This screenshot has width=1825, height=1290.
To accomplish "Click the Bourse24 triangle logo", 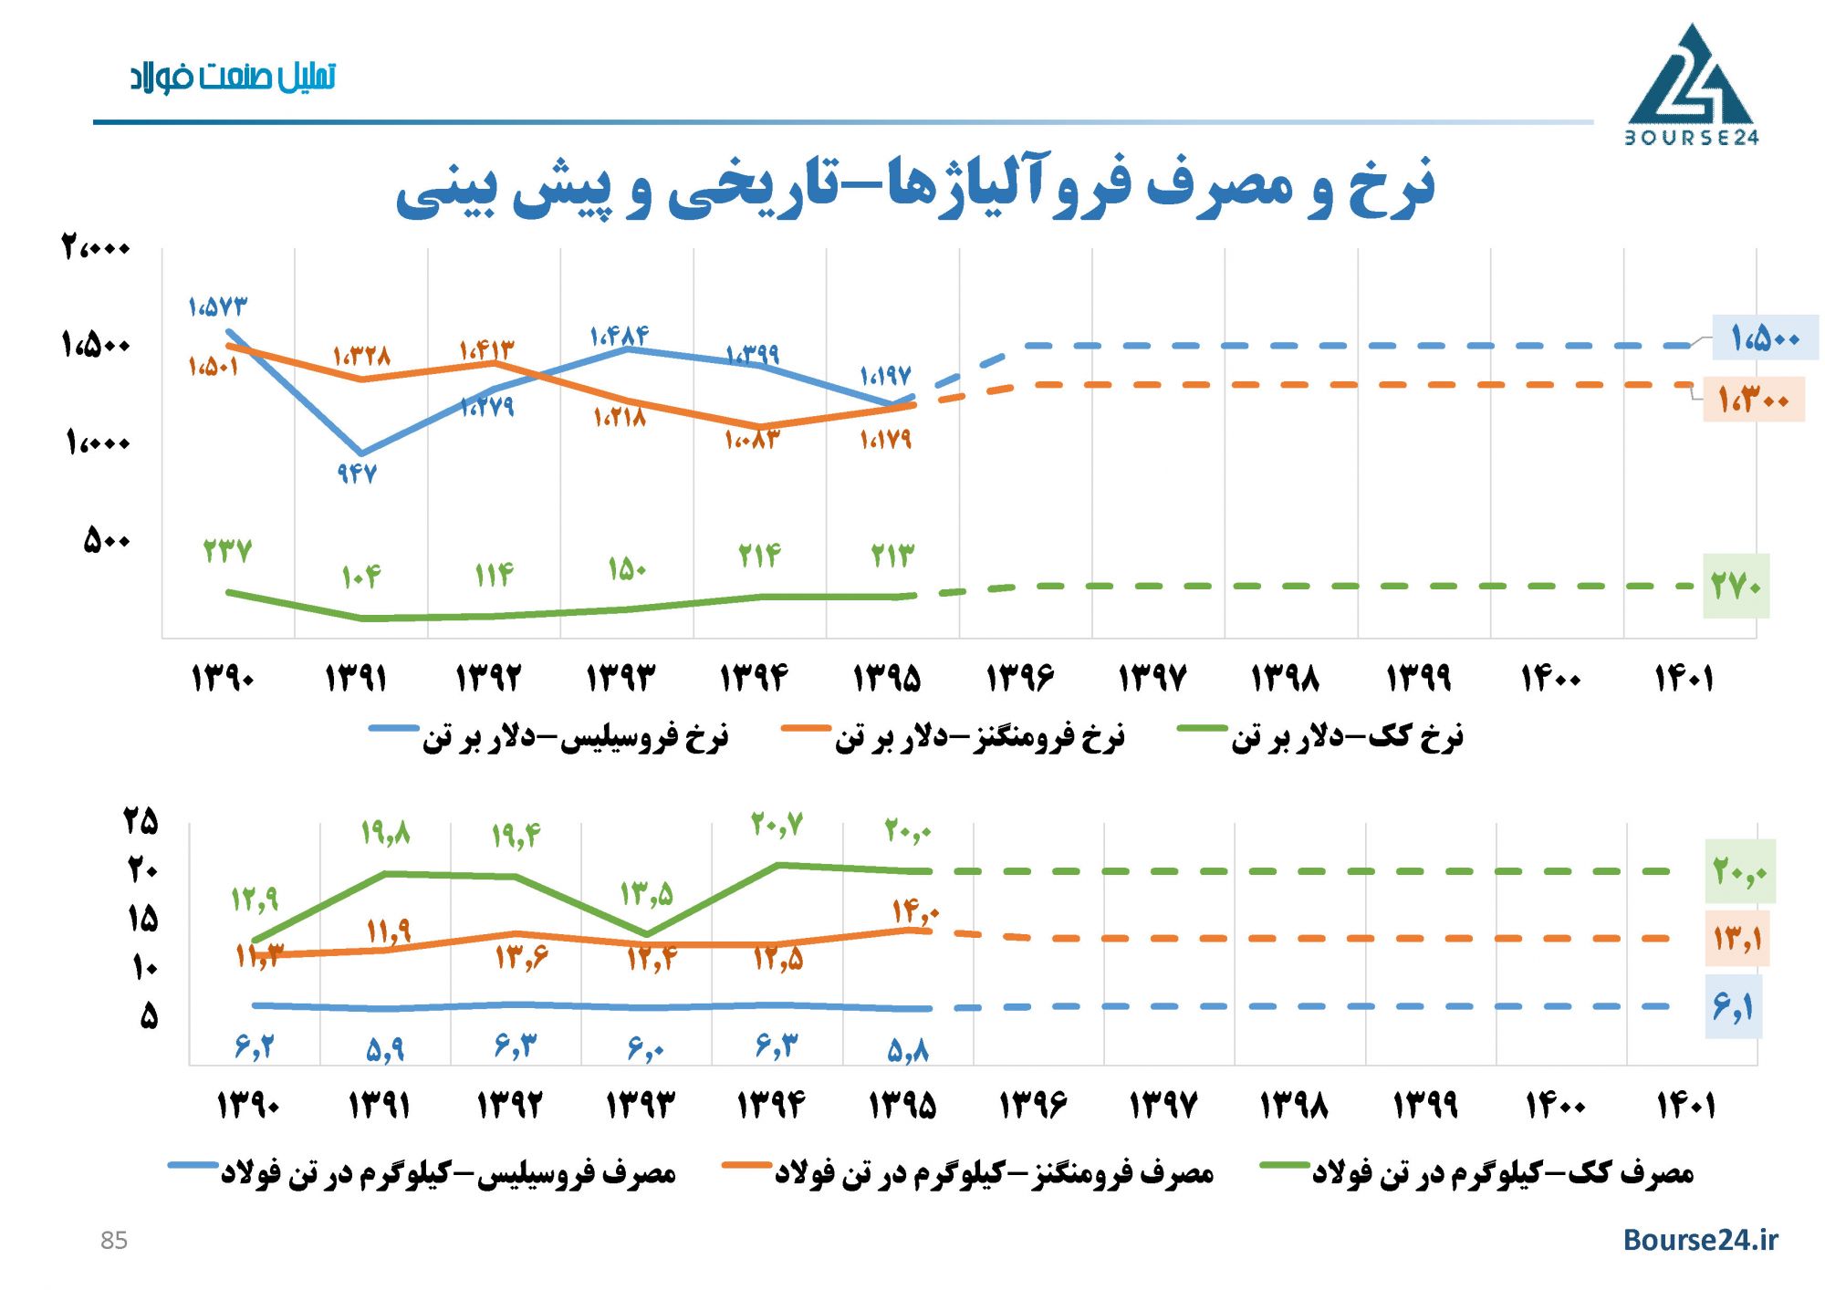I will point(1691,84).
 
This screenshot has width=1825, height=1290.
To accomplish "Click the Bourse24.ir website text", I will point(1700,1239).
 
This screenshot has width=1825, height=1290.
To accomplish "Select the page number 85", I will point(114,1241).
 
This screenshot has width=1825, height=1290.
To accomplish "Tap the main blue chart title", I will point(914,187).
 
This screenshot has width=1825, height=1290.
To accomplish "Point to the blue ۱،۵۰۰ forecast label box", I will point(1764,338).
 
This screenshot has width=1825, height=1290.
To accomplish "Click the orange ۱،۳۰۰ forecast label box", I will point(1752,399).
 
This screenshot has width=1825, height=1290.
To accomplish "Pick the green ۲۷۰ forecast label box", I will point(1736,586).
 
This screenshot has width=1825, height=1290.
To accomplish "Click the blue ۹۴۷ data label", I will point(357,473).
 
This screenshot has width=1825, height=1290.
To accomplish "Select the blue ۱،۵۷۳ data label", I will point(217,307).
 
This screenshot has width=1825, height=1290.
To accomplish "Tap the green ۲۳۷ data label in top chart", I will point(226,551).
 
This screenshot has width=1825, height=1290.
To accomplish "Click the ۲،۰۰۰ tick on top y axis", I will point(96,247).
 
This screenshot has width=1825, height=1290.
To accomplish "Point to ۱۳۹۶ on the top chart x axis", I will point(1019,678).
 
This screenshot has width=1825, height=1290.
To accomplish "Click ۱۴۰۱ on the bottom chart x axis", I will point(1685,1106).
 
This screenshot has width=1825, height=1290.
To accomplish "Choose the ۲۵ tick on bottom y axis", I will point(141,821).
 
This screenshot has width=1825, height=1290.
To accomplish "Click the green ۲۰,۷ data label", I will point(777,825).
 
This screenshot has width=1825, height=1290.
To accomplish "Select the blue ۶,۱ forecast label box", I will point(1733,1007).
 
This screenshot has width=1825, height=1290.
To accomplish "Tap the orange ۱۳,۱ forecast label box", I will point(1736,938).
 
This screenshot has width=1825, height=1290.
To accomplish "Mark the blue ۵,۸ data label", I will point(908,1051).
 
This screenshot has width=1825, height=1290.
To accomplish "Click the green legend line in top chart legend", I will point(1202,728).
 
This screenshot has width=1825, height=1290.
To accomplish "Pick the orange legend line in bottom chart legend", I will point(746,1165).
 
